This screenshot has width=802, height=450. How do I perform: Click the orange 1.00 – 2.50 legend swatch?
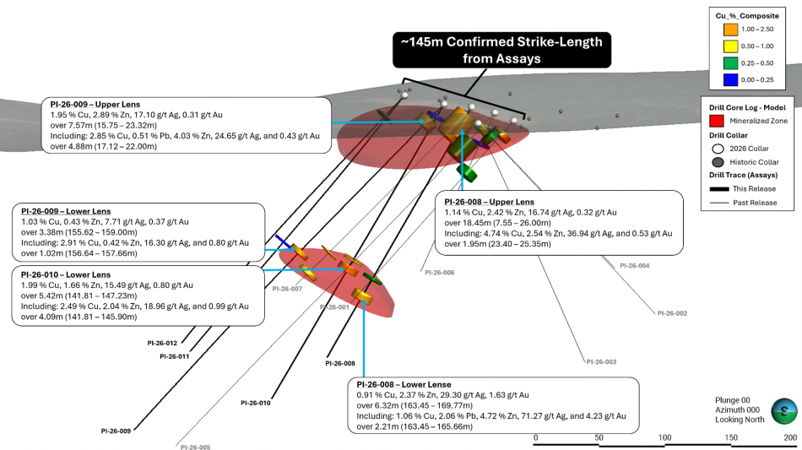(x=730, y=30)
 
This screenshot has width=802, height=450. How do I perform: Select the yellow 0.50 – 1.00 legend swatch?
(x=730, y=46)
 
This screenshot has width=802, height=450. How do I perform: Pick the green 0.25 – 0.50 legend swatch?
(x=730, y=62)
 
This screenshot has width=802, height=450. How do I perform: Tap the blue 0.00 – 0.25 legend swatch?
(x=730, y=79)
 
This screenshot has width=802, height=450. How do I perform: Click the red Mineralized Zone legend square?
(x=717, y=121)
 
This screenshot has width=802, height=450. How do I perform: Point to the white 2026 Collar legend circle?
(x=718, y=149)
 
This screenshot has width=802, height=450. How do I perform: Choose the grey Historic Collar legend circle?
(x=718, y=162)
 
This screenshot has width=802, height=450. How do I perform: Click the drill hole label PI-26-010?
(x=256, y=403)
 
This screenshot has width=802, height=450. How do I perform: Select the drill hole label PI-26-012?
(x=162, y=343)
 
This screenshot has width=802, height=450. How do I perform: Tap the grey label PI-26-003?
(x=601, y=361)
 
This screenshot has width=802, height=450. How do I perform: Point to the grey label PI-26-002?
(x=672, y=313)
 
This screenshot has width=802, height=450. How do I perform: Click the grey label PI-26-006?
(x=439, y=273)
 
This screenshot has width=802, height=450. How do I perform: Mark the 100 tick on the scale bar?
(x=665, y=437)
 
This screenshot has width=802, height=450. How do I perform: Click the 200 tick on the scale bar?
(x=790, y=437)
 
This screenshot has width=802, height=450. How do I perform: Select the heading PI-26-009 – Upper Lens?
(x=95, y=105)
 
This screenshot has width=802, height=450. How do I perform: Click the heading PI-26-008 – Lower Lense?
(x=404, y=384)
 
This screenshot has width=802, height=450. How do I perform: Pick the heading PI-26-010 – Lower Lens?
(x=66, y=274)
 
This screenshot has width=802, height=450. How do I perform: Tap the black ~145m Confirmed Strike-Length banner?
(x=501, y=50)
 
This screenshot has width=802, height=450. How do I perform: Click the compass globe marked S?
(x=784, y=411)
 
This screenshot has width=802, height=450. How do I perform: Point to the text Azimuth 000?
(x=738, y=409)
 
